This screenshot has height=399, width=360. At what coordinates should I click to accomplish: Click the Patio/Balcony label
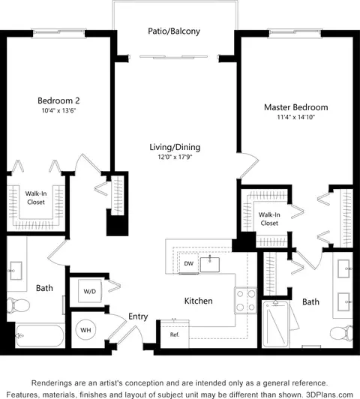174,31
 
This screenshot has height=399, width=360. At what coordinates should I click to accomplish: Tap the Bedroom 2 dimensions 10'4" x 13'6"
59,111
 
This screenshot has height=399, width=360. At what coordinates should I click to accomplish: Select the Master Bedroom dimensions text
296,117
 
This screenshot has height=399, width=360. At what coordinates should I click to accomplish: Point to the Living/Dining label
175,147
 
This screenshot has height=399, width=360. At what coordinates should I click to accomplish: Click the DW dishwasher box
188,263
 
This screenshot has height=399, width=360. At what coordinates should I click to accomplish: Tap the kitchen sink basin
210,265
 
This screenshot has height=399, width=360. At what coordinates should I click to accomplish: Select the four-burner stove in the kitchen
245,301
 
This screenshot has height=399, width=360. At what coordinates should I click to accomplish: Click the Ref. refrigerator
175,334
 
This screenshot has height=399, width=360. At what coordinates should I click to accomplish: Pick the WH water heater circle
85,330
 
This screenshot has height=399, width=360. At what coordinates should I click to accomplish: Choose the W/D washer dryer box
90,291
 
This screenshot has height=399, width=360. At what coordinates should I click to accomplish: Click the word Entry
138,316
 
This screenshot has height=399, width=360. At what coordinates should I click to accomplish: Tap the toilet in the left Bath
18,305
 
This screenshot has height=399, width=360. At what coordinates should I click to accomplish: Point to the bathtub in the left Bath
40,336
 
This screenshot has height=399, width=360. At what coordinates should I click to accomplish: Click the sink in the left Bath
16,271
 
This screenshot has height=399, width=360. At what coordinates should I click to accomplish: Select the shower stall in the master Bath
276,324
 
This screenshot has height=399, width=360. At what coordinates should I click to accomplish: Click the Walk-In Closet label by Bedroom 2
36,198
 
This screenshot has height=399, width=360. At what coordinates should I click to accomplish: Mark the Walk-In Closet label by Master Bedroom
269,219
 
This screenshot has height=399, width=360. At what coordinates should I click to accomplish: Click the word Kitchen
199,301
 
